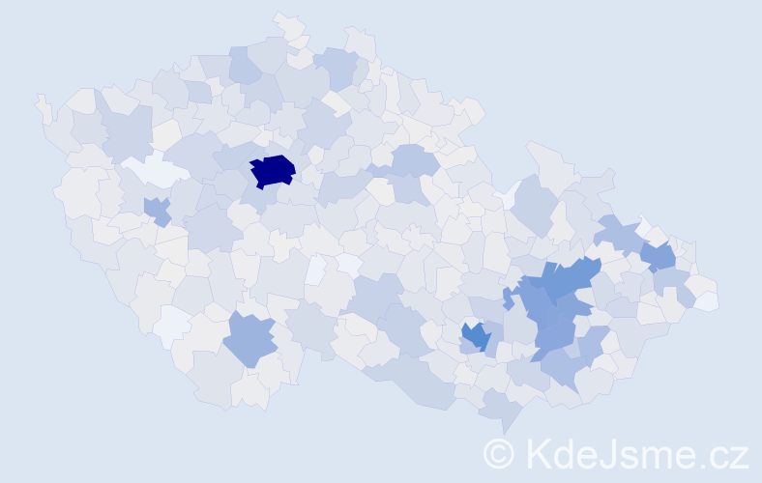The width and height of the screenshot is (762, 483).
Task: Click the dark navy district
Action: pos(273,170)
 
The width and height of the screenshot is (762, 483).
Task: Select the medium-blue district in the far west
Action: pos(157,210)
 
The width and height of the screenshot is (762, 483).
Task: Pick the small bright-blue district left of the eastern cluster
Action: pos(474,336)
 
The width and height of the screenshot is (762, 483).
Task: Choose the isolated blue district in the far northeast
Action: pos(659,256)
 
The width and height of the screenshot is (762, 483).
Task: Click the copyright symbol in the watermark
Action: pos(499,453)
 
